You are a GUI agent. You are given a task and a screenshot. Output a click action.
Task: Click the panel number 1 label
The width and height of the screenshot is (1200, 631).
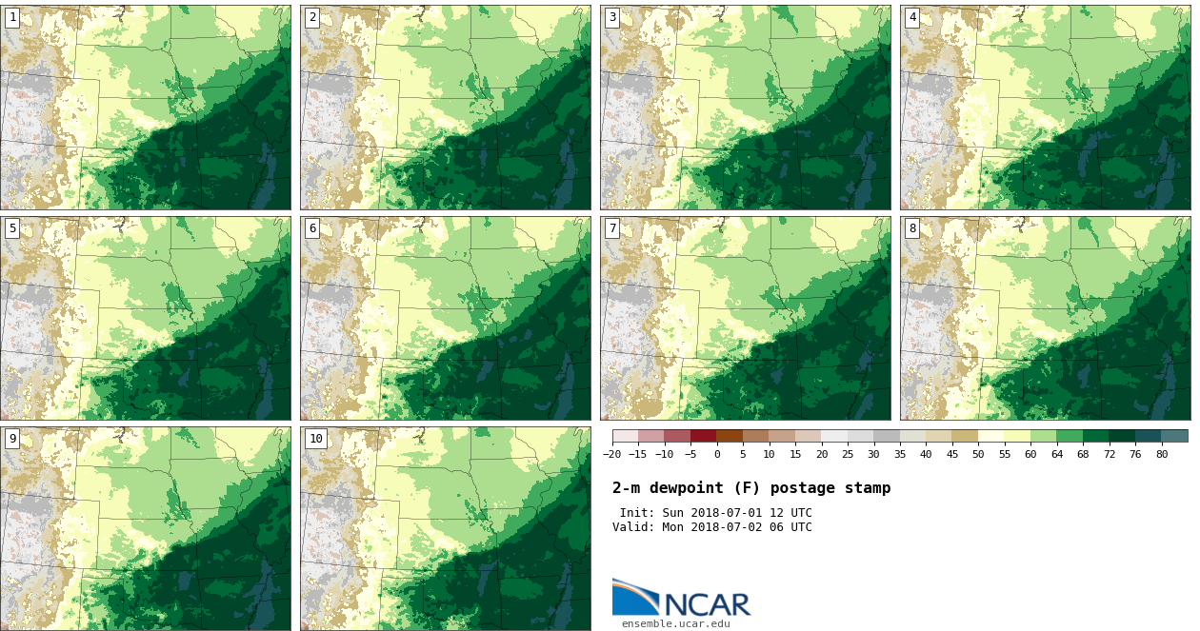[12, 17]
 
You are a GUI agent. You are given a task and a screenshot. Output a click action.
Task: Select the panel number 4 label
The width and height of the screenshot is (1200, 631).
[912, 17]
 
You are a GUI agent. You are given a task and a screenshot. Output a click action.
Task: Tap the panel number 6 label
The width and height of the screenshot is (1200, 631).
[312, 228]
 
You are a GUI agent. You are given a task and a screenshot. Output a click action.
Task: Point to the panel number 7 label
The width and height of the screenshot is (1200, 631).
[612, 228]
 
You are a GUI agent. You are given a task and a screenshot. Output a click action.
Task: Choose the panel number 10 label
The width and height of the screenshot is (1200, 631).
[315, 439]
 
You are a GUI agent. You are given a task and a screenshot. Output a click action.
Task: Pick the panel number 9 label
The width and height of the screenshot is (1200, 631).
[12, 439]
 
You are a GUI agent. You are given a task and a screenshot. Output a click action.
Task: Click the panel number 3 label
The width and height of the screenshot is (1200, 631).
[612, 17]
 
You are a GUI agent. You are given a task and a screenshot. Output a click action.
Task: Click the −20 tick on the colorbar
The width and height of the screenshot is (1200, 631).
[611, 454]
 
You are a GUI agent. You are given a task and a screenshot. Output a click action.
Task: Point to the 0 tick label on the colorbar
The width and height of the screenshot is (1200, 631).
[717, 454]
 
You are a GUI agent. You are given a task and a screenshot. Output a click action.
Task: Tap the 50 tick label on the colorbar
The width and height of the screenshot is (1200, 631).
[978, 454]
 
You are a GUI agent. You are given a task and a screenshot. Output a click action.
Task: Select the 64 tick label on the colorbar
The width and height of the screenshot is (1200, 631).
[1056, 454]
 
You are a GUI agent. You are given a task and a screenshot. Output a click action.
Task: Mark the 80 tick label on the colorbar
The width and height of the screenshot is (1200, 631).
[1161, 454]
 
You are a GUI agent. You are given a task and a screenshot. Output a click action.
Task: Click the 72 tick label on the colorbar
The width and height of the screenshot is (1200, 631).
[1109, 454]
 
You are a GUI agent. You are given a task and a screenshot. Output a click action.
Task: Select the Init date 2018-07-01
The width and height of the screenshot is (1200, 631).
[730, 513]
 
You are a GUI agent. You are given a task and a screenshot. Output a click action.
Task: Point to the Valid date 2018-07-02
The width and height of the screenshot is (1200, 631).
[730, 527]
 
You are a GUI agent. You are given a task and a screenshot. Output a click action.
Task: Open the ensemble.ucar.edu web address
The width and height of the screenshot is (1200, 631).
[675, 624]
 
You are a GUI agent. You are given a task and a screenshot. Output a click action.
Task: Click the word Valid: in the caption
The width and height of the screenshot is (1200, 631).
[633, 527]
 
